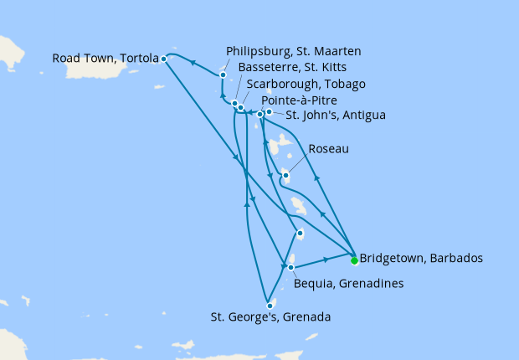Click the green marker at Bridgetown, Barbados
[x=354, y=260]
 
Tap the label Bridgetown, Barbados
[x=420, y=258]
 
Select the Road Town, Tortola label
[x=105, y=59]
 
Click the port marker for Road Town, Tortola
[x=163, y=59]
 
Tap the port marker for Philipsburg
[x=223, y=75]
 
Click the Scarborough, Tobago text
[x=306, y=84]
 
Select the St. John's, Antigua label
[x=336, y=115]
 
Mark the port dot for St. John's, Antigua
[x=269, y=111]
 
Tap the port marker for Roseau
[x=285, y=175]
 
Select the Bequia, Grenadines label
[x=348, y=284]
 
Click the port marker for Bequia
[x=290, y=268]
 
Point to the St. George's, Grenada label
[x=270, y=317]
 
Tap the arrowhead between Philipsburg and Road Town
[x=192, y=62]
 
